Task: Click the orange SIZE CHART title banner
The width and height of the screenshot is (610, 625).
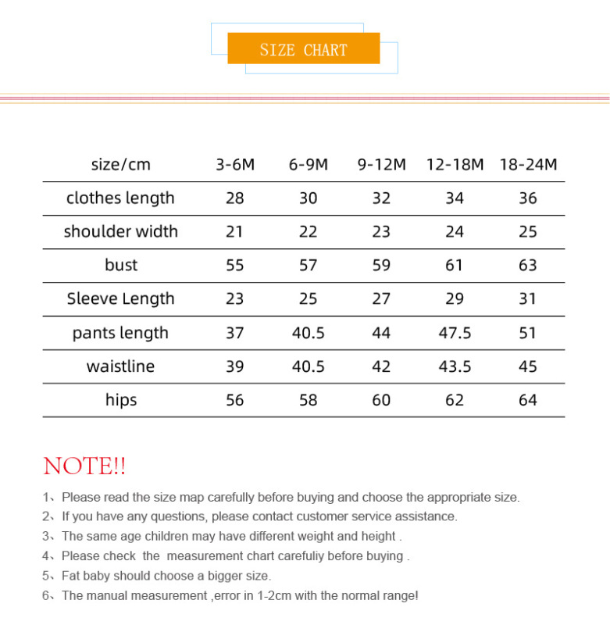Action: [303, 49]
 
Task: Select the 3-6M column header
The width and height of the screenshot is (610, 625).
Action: [235, 165]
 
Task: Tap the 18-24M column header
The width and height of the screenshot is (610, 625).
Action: [528, 165]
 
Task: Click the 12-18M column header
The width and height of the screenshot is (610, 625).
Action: [455, 165]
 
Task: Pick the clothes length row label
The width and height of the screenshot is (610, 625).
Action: [120, 198]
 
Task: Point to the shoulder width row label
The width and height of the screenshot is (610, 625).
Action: [120, 232]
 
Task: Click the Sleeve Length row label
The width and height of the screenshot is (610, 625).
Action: [120, 299]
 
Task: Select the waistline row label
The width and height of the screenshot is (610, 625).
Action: [120, 366]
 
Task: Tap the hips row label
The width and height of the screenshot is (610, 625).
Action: [120, 400]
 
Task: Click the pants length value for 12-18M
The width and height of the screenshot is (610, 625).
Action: [455, 333]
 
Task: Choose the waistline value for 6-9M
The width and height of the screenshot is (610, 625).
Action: [308, 366]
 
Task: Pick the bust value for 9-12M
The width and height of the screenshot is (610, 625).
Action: [381, 266]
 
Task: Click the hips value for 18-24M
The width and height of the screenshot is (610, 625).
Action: [528, 400]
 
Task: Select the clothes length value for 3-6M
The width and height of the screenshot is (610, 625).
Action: [235, 198]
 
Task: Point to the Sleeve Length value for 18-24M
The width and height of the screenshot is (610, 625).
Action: [528, 299]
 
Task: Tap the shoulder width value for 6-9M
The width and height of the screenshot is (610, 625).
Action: [308, 232]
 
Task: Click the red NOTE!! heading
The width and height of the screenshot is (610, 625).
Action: [84, 466]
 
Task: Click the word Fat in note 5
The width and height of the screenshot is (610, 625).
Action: [72, 576]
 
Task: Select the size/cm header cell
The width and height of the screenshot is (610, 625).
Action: [120, 165]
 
